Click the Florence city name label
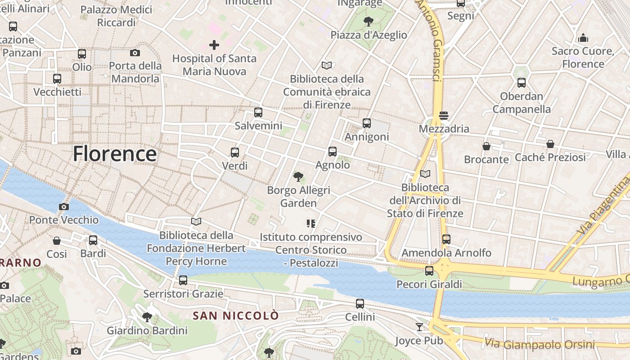(x=115, y=154)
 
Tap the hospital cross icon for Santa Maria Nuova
(x=214, y=45)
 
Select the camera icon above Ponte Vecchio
(x=64, y=207)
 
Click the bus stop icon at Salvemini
(x=258, y=112)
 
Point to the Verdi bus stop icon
(x=234, y=153)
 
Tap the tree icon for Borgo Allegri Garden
(x=298, y=177)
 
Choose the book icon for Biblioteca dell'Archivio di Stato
(x=425, y=174)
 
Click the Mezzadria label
(x=444, y=129)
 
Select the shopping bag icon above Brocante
(x=486, y=146)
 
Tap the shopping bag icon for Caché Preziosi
(x=550, y=144)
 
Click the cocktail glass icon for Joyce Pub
(x=419, y=327)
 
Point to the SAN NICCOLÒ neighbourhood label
(x=236, y=316)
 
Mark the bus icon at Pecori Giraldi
(x=429, y=271)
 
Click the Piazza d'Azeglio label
(x=369, y=35)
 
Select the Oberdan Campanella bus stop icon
(x=521, y=83)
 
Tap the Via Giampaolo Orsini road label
(x=540, y=344)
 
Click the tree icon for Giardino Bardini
(x=147, y=317)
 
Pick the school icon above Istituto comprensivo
(x=310, y=223)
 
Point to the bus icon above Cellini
(x=360, y=304)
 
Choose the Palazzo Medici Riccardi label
(x=117, y=16)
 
